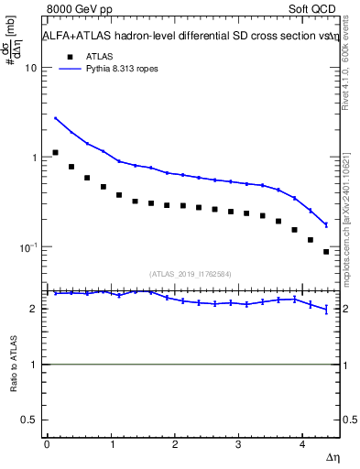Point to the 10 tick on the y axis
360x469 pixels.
click(30, 68)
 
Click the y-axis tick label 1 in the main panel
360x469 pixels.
click(34, 158)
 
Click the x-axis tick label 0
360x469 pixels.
click(46, 443)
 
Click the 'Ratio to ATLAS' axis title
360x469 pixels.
click(12, 364)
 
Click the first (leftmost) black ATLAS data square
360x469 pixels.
click(56, 152)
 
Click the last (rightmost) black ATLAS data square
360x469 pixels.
click(326, 252)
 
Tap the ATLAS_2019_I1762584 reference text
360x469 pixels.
click(191, 273)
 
